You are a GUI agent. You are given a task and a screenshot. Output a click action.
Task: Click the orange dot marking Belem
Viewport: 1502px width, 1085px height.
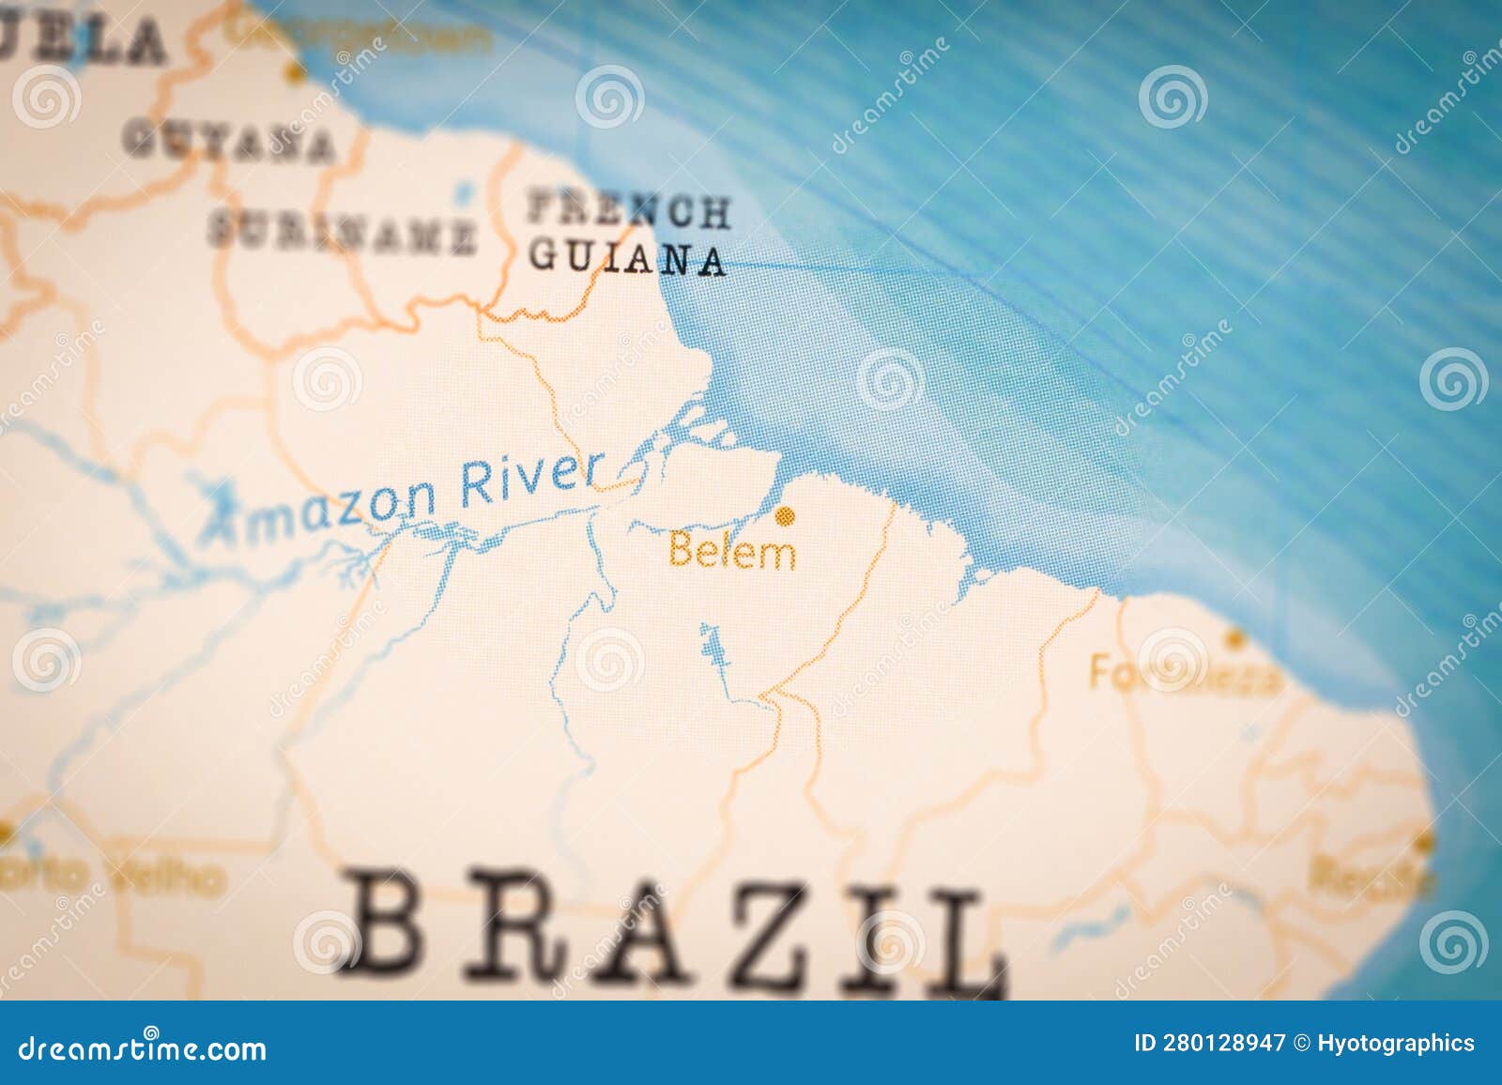(785, 514)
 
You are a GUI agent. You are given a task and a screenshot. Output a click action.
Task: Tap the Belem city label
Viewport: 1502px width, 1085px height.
(732, 551)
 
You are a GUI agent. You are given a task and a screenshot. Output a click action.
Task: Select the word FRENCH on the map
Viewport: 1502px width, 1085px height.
(628, 210)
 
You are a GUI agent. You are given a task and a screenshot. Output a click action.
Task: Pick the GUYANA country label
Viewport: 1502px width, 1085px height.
(228, 142)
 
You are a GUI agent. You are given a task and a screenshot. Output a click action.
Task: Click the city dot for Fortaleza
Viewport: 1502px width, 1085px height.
(1235, 640)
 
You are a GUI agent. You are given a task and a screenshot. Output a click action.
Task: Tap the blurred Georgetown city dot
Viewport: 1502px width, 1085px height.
(297, 71)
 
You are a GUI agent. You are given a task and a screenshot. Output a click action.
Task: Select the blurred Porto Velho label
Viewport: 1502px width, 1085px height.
(113, 876)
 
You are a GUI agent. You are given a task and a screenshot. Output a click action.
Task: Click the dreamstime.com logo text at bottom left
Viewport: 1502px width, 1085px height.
(143, 1047)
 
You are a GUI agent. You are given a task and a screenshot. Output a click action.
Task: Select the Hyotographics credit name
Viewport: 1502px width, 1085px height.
(1396, 1043)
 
